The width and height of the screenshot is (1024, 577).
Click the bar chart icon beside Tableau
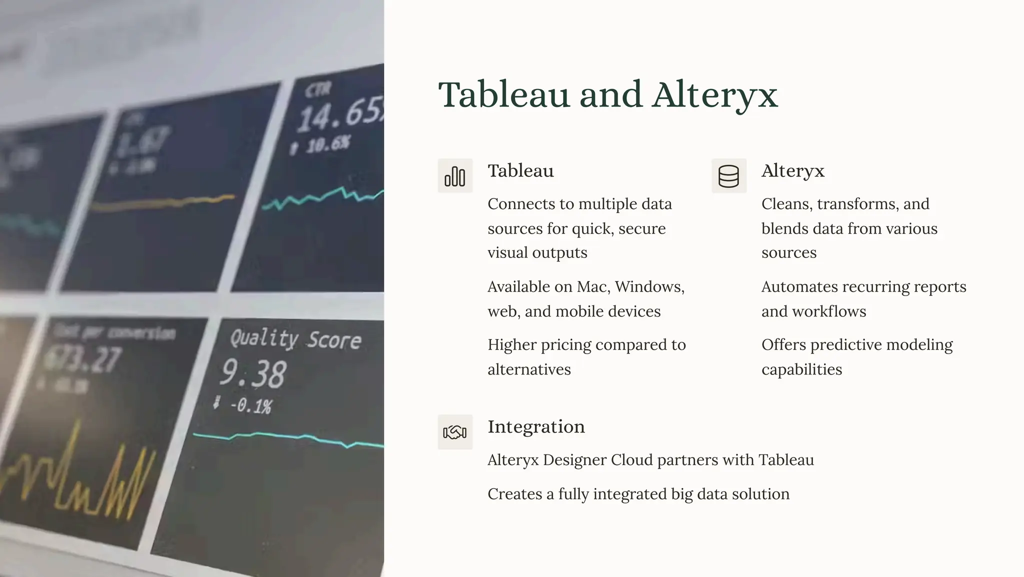click(x=455, y=176)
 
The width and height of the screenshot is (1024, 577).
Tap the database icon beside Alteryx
click(x=728, y=176)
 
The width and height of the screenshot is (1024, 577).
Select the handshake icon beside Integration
click(x=455, y=432)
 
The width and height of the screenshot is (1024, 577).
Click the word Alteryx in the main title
click(x=715, y=95)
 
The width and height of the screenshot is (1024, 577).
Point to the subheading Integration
click(x=536, y=426)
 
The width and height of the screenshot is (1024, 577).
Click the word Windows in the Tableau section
click(x=649, y=286)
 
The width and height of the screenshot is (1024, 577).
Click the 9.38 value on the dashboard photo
click(x=253, y=373)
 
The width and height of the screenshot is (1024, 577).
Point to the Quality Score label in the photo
click(x=295, y=339)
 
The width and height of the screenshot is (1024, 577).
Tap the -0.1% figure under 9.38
click(x=250, y=405)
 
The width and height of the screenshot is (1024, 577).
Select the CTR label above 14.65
click(x=318, y=90)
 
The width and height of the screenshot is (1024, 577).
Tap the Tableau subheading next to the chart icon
click(x=520, y=170)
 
